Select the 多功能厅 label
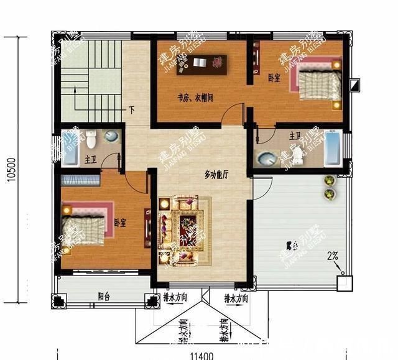pyautogui.click(x=216, y=175)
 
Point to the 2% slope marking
pyautogui.click(x=333, y=256)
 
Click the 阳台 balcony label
pyautogui.click(x=104, y=297)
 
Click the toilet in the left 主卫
pyautogui.click(x=91, y=136)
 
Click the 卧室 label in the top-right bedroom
pyautogui.click(x=274, y=78)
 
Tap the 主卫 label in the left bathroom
pyautogui.click(x=90, y=160)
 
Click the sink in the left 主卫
pyautogui.click(x=112, y=137)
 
